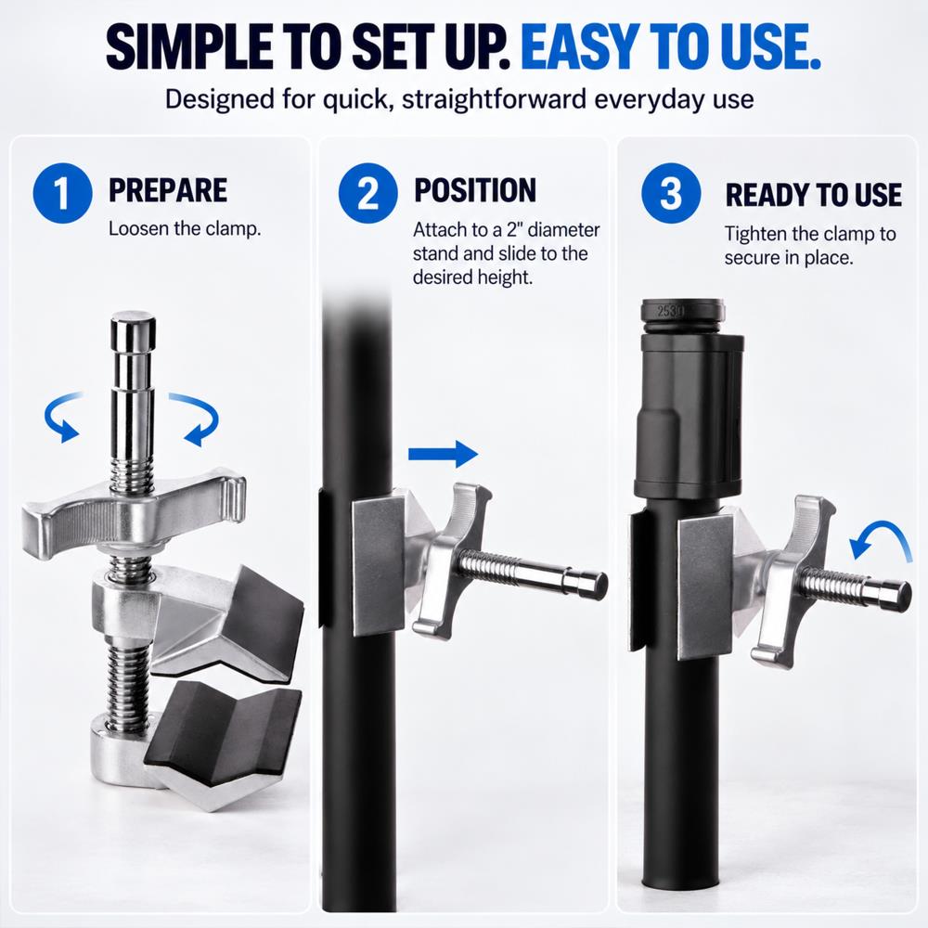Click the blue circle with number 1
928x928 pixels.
tap(62, 193)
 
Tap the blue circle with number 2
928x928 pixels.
tap(368, 193)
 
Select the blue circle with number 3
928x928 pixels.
tap(671, 193)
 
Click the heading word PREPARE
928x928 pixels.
tap(168, 190)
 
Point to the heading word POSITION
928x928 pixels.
tap(475, 190)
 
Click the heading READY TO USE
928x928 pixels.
tap(814, 195)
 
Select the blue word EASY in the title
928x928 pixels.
tap(581, 46)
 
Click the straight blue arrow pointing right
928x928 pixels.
tap(444, 454)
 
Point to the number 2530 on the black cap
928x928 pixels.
tap(669, 310)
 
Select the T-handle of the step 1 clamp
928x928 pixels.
tap(135, 509)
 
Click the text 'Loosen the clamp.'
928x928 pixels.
tap(185, 229)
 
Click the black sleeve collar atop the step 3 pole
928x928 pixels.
tap(689, 414)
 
